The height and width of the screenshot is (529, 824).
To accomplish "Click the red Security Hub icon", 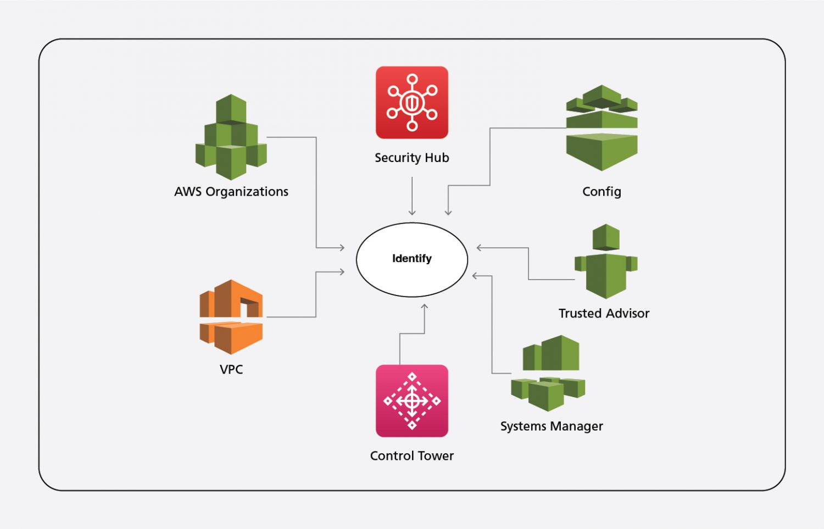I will click(412, 103).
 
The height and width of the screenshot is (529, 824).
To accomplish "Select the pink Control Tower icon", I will click(412, 400).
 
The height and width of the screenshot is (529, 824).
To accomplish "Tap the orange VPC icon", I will click(231, 317).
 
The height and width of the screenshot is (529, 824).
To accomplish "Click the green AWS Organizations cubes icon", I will click(231, 137).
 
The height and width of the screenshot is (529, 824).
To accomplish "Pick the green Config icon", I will click(602, 128).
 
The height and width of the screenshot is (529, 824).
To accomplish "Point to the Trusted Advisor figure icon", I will click(606, 262).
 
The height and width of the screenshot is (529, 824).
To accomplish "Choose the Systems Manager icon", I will click(548, 373).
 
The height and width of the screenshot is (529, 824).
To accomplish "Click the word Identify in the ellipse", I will click(412, 258).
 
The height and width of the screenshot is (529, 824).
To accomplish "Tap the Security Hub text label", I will click(412, 158).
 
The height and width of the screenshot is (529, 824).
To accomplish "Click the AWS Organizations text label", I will click(231, 192).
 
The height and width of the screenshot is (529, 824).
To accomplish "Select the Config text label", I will click(602, 192).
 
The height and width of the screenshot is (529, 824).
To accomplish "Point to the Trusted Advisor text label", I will click(604, 313).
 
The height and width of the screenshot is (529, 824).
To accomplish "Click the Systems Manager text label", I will click(552, 426).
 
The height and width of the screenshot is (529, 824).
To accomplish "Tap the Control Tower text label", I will click(412, 456).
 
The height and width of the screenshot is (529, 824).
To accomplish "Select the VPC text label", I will click(231, 369).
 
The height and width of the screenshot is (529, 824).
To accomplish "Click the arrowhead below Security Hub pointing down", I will click(412, 213).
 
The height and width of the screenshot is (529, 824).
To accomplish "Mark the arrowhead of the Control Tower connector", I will click(425, 307).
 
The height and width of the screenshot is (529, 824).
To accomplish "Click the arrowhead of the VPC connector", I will click(342, 271).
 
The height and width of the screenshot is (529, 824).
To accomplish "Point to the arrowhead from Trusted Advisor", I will click(480, 248).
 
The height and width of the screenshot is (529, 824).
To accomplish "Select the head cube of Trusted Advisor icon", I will click(606, 237).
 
